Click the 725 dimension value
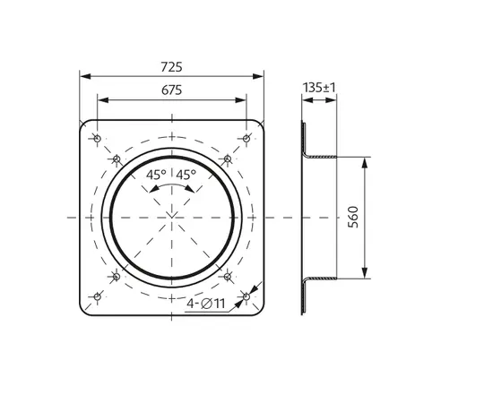171,67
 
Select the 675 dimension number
171,90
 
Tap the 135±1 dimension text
319,88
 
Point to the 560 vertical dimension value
353,217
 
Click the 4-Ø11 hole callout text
206,304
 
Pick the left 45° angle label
156,175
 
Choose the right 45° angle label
186,175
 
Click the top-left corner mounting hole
98,138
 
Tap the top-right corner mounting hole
246,138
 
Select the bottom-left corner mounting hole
98,296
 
